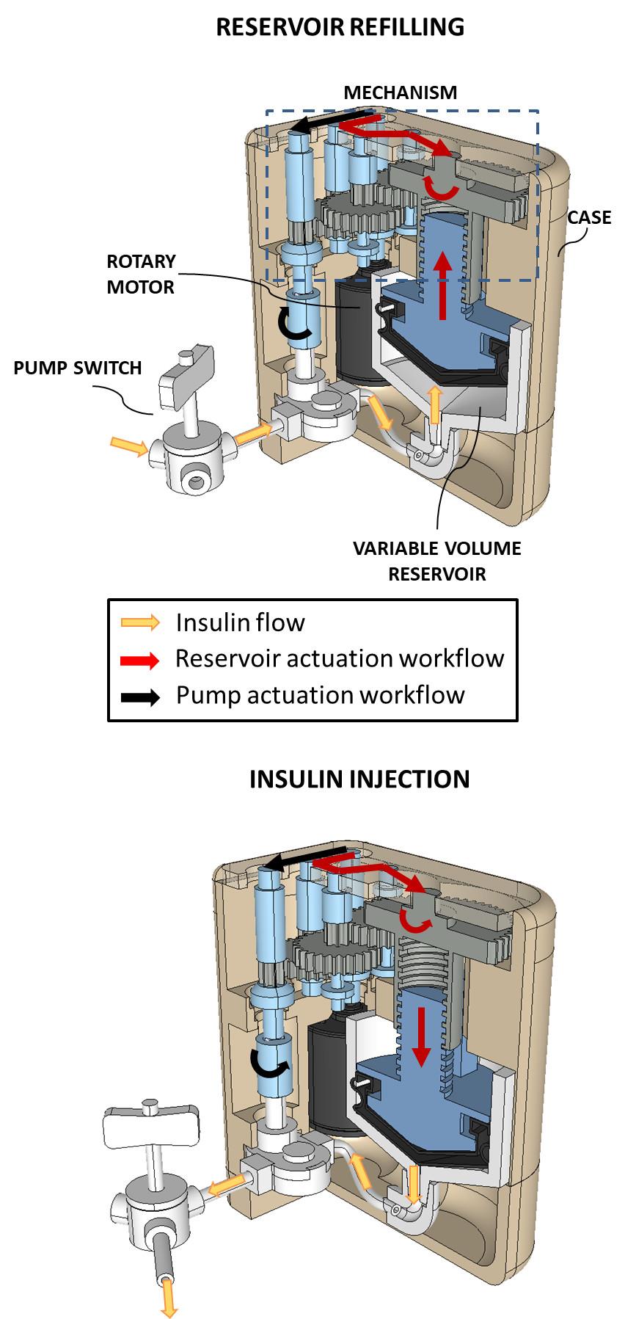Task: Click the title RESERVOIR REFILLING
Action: pos(340,27)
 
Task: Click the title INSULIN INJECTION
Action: pos(359,779)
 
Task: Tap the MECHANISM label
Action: pos(400,92)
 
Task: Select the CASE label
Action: pos(589,217)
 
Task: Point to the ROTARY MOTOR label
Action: pos(142,274)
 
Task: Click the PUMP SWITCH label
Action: pos(78,368)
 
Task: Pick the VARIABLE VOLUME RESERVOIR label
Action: pos(436,562)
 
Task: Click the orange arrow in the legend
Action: pos(140,623)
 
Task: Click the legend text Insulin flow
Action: pos(240,623)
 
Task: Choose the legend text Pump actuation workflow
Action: pos(320,695)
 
